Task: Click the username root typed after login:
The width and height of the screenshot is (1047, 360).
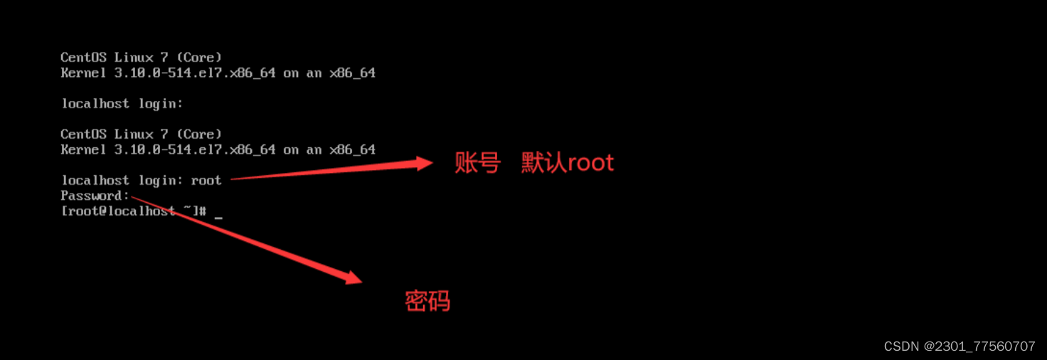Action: (206, 181)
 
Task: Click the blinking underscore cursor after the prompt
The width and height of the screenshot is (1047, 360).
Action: (218, 214)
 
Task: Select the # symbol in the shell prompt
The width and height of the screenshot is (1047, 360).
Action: (203, 211)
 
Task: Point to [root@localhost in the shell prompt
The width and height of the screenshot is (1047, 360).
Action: (118, 211)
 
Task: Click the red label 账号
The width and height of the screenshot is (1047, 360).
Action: (477, 163)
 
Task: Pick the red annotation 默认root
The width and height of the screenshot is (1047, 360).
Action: (567, 163)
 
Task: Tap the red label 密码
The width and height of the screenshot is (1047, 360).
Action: (427, 301)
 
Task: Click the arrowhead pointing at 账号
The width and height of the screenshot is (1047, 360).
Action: (424, 164)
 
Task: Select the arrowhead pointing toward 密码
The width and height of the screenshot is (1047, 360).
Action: (354, 277)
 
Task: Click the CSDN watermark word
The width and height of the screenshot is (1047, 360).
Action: (901, 346)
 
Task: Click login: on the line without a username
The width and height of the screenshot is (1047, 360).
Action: (161, 104)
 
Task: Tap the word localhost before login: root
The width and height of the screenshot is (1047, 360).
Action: (95, 181)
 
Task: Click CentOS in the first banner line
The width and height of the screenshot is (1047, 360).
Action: (83, 57)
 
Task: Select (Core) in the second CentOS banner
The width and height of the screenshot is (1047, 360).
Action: (199, 134)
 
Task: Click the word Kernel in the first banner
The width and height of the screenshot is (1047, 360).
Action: (83, 73)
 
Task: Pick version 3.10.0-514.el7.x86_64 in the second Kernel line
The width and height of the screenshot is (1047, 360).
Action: (195, 149)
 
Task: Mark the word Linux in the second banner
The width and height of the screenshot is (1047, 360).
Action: (134, 134)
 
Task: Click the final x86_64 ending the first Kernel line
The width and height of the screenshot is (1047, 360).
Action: (352, 73)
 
